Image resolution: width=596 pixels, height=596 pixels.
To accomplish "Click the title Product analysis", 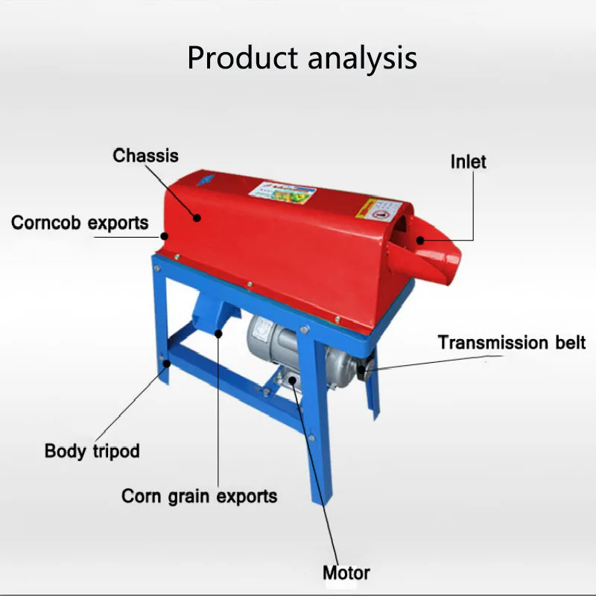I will point(302,57).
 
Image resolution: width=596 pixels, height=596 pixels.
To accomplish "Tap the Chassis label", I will point(146,156).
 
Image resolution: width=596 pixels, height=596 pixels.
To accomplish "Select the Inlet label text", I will point(468,161).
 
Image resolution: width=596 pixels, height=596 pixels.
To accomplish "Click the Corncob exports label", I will point(80,222).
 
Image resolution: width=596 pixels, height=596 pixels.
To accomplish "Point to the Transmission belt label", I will point(512,343).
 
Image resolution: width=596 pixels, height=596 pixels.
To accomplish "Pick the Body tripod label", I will point(92,451).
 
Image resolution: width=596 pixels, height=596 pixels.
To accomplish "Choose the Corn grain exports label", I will point(199,496).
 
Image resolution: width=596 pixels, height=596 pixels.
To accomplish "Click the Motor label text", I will point(346,573).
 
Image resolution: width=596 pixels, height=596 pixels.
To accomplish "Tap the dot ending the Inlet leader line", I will point(420,240).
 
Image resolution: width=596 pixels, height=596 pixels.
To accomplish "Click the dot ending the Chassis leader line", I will point(197,217).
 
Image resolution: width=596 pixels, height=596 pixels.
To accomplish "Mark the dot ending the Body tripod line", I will point(168,364).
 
